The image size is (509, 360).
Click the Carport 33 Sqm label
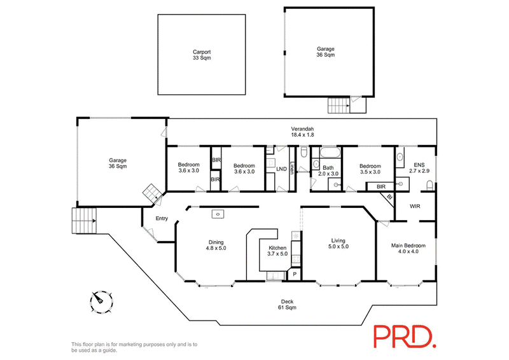click(x=202, y=55)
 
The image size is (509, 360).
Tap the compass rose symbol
click(x=101, y=301)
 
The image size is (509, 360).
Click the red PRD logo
click(x=405, y=336)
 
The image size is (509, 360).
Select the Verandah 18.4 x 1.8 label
click(x=302, y=132)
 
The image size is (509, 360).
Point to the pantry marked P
click(x=295, y=274)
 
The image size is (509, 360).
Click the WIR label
click(x=415, y=206)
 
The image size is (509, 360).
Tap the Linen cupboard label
click(x=292, y=168)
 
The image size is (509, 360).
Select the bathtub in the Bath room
click(x=330, y=153)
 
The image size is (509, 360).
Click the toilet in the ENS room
click(x=429, y=186)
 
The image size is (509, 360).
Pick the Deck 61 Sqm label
click(x=288, y=305)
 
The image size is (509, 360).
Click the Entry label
click(x=162, y=218)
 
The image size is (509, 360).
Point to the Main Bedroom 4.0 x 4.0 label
click(x=408, y=248)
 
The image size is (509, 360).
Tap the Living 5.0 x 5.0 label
click(x=338, y=244)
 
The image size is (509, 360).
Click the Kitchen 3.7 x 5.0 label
click(x=277, y=251)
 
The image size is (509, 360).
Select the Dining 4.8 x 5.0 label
click(x=216, y=245)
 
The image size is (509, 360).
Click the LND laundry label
click(x=281, y=169)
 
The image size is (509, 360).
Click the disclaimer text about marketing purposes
click(x=134, y=347)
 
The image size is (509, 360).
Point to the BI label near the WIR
click(x=389, y=197)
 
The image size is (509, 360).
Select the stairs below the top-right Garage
click(x=338, y=106)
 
